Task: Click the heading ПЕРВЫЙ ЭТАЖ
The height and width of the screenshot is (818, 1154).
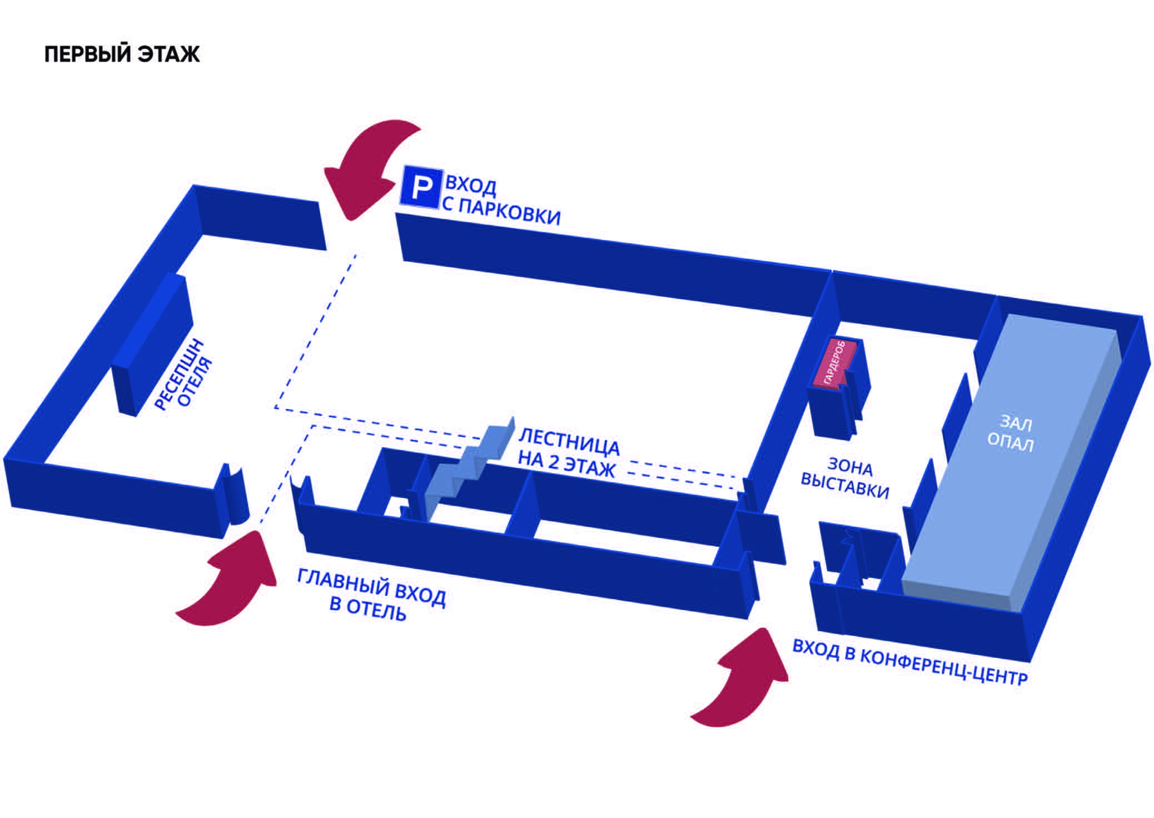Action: click(x=122, y=54)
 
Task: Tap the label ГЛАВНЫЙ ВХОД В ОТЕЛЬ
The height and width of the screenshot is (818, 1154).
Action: click(x=371, y=594)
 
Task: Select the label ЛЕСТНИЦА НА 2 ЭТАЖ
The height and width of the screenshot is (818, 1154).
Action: click(x=568, y=453)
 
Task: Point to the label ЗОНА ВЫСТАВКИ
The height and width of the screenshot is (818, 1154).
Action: click(x=845, y=477)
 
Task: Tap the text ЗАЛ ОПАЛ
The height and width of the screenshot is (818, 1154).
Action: click(x=1011, y=434)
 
